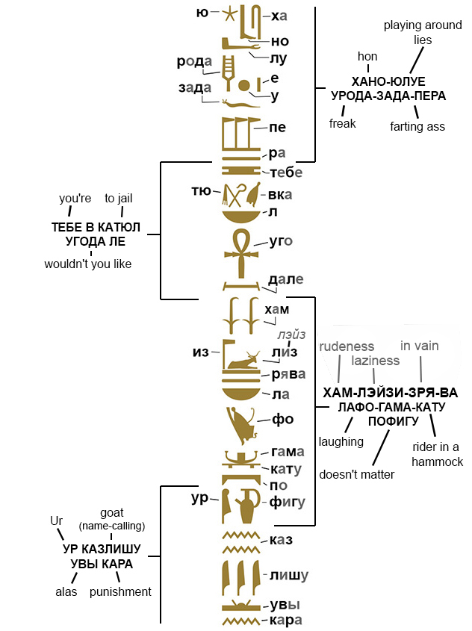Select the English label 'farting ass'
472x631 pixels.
coord(417,126)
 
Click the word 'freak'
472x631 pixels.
coord(343,123)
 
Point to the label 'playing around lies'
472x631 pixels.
coord(423,32)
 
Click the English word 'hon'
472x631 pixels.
coord(367,56)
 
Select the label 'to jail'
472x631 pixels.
coord(119,198)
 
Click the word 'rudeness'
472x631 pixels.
coord(346,346)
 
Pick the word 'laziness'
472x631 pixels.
coord(376,361)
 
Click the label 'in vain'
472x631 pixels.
coord(420,346)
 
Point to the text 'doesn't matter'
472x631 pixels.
coord(357,474)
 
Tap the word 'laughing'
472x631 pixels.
coord(341,441)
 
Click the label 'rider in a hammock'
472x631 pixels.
coord(438,454)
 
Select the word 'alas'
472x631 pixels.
coord(66,591)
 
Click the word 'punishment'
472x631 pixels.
coord(120,591)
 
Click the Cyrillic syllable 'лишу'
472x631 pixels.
coord(289,575)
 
